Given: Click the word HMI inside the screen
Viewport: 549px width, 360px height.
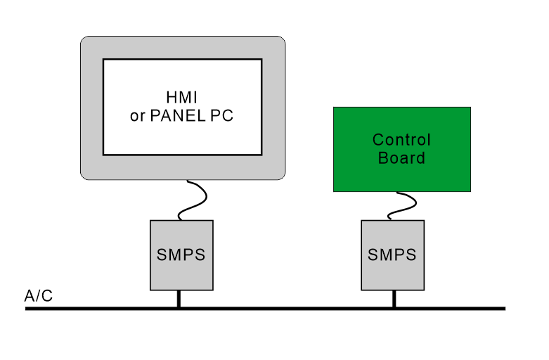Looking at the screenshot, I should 182,98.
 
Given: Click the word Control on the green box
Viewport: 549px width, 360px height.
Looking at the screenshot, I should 401,140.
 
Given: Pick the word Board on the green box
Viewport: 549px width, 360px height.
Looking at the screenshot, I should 401,157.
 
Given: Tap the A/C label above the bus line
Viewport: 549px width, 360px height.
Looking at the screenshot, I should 38,296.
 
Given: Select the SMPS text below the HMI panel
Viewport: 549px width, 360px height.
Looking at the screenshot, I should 181,255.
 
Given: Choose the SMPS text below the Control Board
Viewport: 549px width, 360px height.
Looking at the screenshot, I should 392,255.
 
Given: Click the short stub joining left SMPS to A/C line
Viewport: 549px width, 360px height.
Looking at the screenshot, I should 179,299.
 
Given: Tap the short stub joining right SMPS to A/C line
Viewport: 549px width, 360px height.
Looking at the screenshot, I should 394,299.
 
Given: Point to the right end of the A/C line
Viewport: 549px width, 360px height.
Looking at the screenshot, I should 503,308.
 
